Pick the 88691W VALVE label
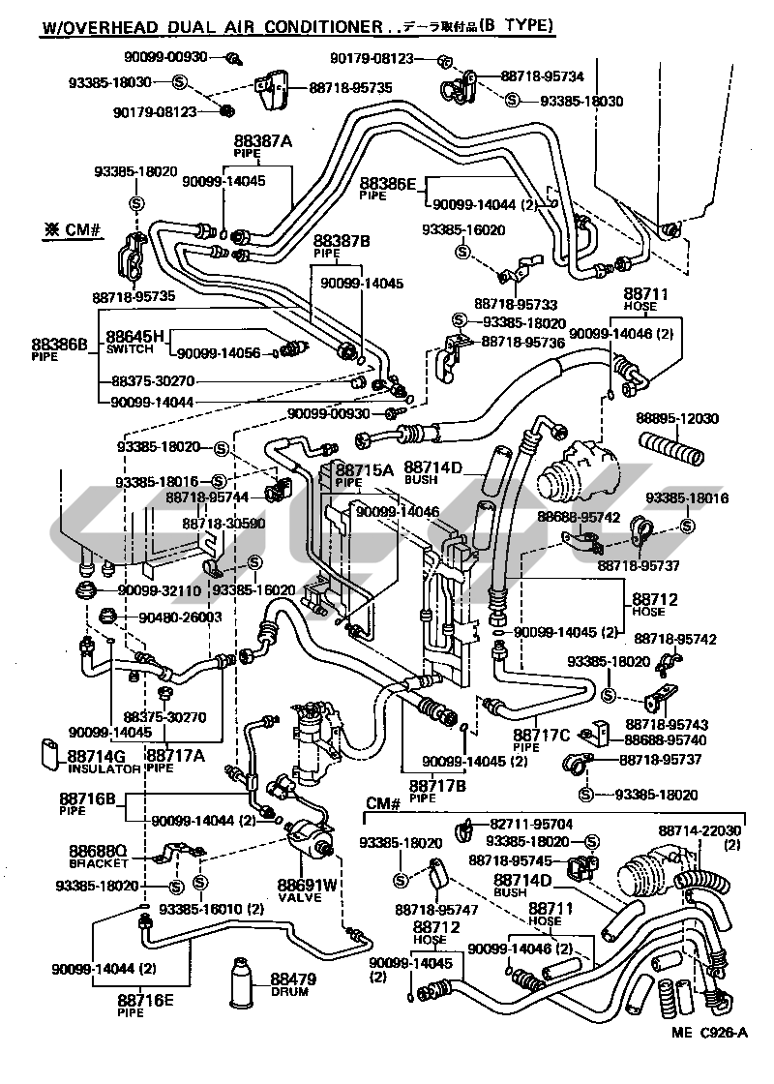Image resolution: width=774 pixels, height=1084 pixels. click(307, 888)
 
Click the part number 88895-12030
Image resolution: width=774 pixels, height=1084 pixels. click(677, 418)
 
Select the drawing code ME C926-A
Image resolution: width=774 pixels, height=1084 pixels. click(711, 1058)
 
